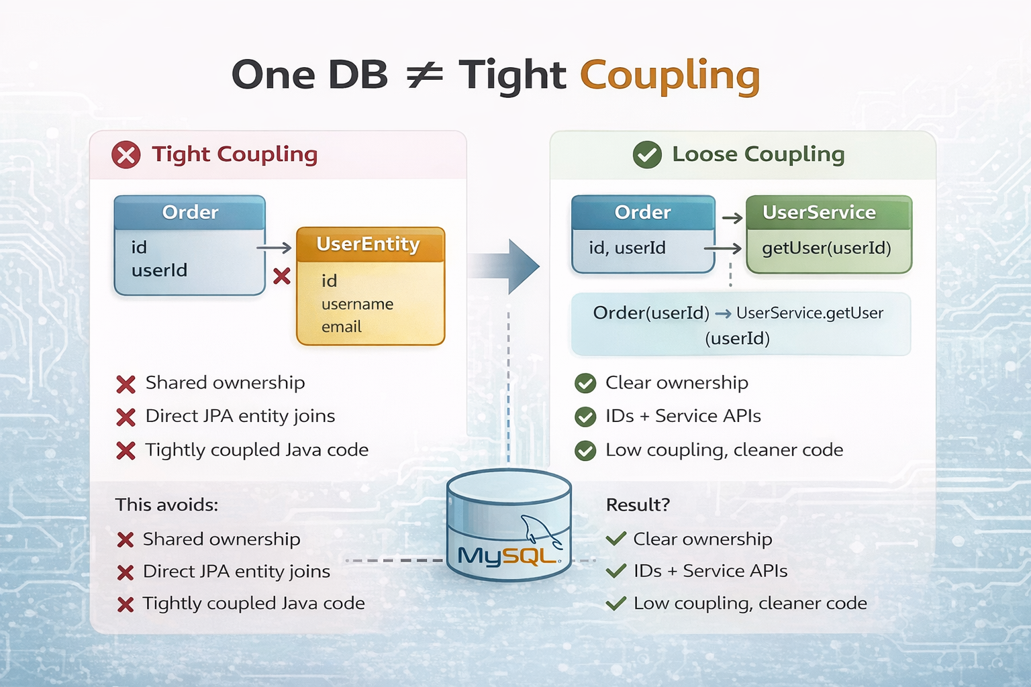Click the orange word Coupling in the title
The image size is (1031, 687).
pos(669,75)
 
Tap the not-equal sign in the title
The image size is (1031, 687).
pos(424,74)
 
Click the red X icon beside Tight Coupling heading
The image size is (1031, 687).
pos(126,155)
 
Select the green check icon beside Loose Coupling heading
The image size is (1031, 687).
pos(647,155)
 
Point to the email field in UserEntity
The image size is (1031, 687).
pos(342,327)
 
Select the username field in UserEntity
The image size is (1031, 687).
pos(357,304)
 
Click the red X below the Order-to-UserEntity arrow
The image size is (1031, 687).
pos(282,276)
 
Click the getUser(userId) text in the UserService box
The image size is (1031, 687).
pos(826,248)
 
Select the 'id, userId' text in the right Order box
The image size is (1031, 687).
pos(627,248)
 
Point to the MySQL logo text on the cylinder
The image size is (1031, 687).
pos(505,556)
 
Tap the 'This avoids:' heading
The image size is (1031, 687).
pos(166,505)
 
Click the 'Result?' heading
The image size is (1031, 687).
pos(638,505)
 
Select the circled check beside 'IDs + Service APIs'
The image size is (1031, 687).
pos(585,417)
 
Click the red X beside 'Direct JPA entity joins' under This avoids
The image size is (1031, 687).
pos(126,572)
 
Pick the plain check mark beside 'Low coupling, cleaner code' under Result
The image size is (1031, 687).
pos(616,604)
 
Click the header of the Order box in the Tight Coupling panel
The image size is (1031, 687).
pos(190,213)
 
